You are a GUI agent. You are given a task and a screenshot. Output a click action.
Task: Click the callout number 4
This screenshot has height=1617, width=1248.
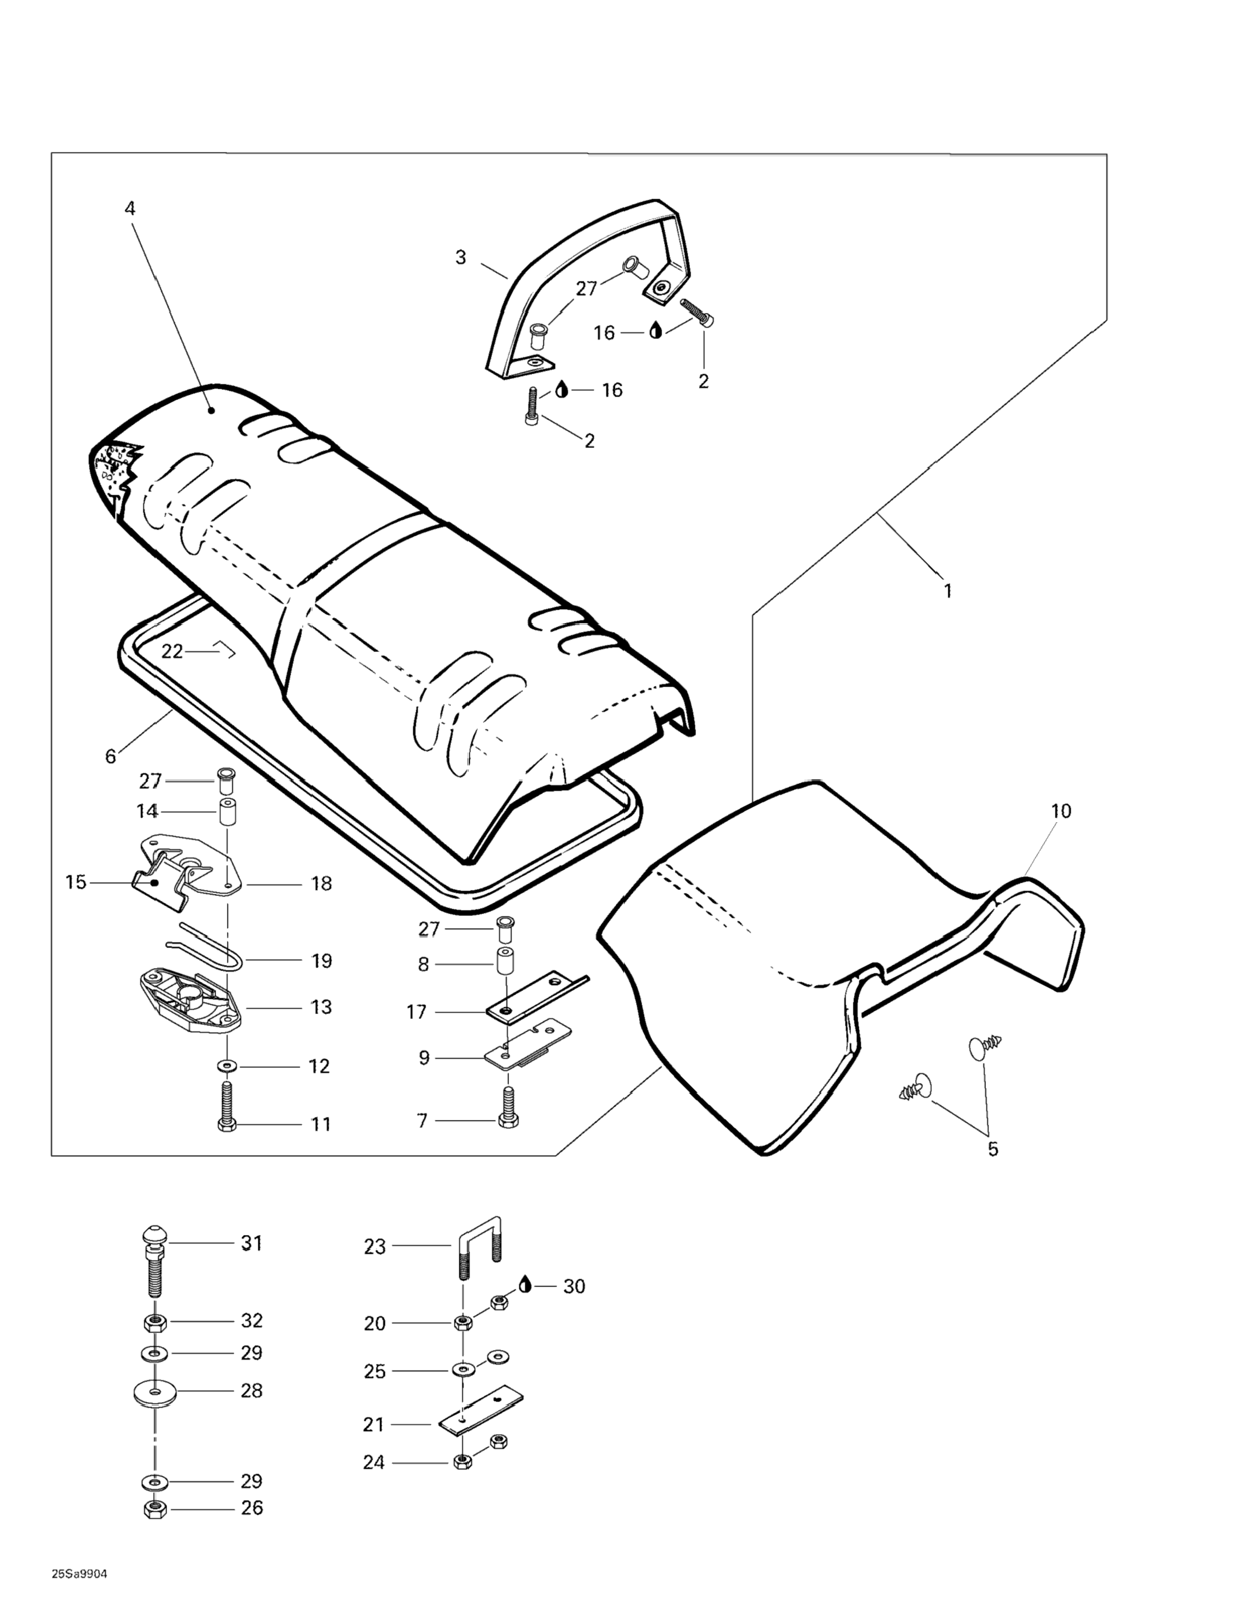(130, 209)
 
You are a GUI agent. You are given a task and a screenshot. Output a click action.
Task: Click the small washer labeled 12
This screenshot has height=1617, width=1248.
(225, 1065)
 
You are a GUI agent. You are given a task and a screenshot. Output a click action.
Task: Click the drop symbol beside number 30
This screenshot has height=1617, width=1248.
(525, 1285)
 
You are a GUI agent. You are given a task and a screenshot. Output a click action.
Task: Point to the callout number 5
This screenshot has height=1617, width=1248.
(993, 1149)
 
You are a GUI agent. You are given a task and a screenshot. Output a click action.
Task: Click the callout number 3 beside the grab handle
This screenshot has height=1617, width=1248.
(461, 258)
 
